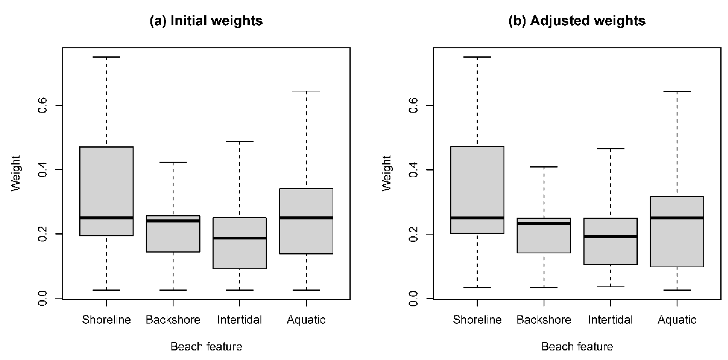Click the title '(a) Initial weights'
tap(206, 21)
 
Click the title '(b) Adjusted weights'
tap(577, 21)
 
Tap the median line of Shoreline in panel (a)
tap(106, 218)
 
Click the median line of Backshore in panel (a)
tap(173, 221)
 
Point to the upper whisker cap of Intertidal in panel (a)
tap(240, 141)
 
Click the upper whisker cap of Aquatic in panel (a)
tap(306, 91)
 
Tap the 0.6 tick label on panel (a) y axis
tap(42, 105)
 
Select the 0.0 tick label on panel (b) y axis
tap(413, 299)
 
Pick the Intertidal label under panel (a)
tap(239, 320)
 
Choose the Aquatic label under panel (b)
tap(677, 320)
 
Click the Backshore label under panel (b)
tap(544, 320)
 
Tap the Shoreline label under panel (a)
tap(106, 320)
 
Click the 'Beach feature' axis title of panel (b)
tap(577, 346)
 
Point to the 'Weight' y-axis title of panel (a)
tap(16, 173)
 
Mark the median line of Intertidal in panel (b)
tap(610, 237)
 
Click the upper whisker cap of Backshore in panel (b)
tap(544, 167)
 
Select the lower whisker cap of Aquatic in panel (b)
tap(677, 290)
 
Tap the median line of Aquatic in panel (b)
tap(677, 218)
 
